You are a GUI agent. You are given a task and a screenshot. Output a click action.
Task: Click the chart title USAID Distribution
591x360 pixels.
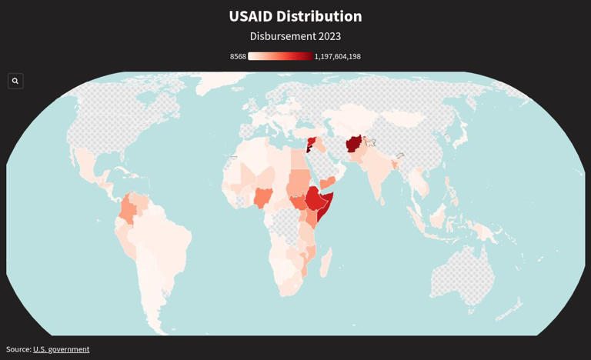[295, 16]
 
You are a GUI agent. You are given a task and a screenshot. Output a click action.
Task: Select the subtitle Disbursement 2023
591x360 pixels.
[295, 36]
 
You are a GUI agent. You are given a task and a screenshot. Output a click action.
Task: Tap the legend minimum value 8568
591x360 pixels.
[238, 56]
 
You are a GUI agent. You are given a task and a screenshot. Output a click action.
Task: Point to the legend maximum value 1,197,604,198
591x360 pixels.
[337, 56]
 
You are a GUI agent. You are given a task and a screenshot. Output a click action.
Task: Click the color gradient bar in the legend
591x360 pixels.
[280, 56]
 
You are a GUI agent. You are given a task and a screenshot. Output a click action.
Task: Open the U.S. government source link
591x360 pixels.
[61, 349]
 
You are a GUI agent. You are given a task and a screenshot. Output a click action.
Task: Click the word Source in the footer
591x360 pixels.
[18, 349]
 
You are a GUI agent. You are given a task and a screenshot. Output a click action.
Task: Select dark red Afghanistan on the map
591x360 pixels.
[354, 144]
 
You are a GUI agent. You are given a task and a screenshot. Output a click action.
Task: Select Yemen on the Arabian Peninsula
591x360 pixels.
[326, 183]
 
